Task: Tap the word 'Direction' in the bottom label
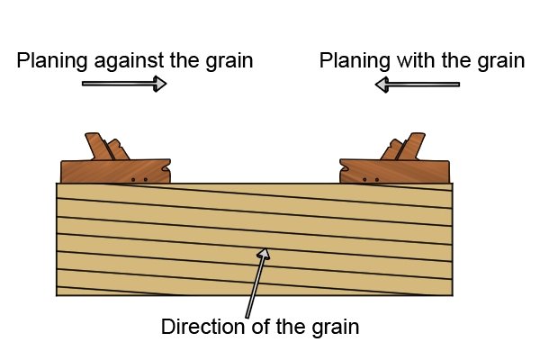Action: click(x=202, y=326)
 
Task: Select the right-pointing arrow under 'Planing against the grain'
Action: click(x=124, y=84)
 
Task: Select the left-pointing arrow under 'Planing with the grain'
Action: click(x=417, y=85)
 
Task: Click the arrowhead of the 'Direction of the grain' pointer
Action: click(x=264, y=254)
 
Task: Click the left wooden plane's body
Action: click(x=115, y=171)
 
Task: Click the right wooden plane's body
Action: click(x=394, y=171)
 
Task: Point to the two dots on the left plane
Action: click(x=139, y=179)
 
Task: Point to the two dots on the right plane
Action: click(x=371, y=179)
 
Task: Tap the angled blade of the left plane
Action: click(x=99, y=147)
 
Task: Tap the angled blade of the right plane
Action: click(x=411, y=147)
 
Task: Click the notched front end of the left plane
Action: click(x=166, y=170)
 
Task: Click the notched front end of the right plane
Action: click(x=344, y=170)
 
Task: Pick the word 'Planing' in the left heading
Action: click(x=52, y=62)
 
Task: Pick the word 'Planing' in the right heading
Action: click(x=355, y=62)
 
